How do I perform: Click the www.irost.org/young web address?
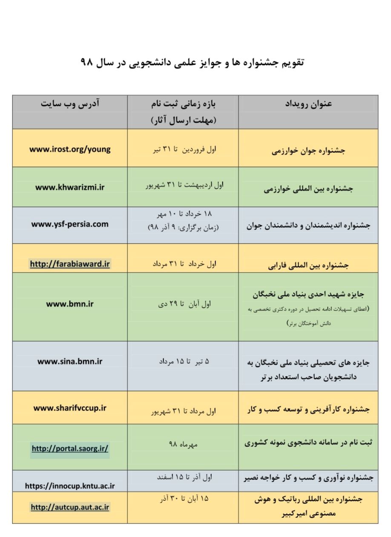[70, 149]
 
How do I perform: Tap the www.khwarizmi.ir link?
[70, 187]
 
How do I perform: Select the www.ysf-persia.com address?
[70, 224]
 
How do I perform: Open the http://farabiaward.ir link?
[70, 264]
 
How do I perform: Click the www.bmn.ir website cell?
[70, 304]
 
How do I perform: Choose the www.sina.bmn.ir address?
[70, 362]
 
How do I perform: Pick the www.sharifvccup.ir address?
[70, 408]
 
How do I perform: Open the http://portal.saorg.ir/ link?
[70, 448]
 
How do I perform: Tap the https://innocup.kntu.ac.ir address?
[70, 485]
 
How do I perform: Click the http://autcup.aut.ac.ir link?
[70, 507]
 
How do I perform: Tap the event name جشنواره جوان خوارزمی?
[308, 151]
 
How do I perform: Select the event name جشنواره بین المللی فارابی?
[308, 266]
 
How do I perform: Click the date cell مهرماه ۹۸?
[183, 444]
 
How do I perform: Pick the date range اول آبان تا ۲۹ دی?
[183, 304]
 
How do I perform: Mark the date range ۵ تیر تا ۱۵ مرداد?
[183, 362]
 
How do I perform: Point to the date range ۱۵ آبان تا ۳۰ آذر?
[183, 498]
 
